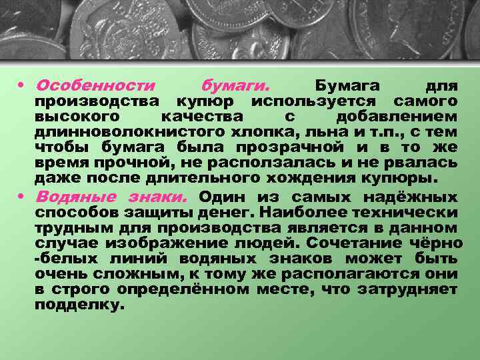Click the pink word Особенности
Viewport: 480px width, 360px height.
point(95,87)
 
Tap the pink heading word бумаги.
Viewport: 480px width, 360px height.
point(235,87)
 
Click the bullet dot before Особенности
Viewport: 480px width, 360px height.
point(23,87)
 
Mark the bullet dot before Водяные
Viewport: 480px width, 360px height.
point(23,197)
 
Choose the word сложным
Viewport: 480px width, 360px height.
point(141,274)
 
